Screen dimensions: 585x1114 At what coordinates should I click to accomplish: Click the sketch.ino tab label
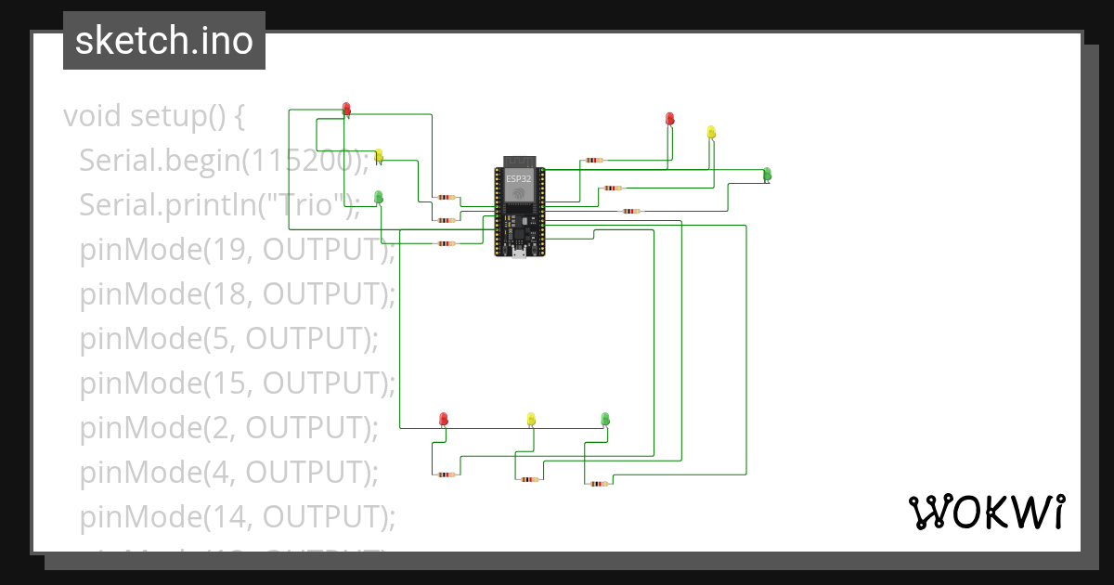point(164,41)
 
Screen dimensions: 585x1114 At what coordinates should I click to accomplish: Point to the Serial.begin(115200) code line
point(218,161)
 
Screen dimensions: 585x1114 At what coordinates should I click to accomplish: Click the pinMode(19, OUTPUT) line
point(237,249)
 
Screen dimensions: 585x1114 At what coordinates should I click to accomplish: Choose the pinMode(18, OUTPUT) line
point(237,293)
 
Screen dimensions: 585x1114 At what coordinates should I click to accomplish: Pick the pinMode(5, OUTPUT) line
point(228,338)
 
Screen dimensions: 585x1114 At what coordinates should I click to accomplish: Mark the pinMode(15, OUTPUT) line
point(237,383)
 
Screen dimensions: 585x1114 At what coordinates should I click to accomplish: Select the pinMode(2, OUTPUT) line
point(228,427)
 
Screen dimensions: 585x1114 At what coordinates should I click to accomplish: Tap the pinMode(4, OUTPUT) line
point(228,472)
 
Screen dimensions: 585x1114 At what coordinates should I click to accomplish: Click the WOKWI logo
point(986,513)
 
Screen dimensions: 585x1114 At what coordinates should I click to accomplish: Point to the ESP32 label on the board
point(519,175)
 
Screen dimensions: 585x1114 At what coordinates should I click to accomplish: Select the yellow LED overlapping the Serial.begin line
point(379,156)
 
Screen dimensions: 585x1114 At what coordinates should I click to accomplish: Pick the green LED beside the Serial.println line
point(379,197)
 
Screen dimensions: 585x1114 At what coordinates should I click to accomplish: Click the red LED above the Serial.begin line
point(347,110)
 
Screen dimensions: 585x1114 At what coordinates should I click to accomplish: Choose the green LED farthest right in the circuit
point(767,174)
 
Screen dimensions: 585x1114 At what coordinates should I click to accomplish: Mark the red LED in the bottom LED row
point(444,419)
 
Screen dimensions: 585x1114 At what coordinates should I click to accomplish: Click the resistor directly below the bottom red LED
point(447,474)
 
